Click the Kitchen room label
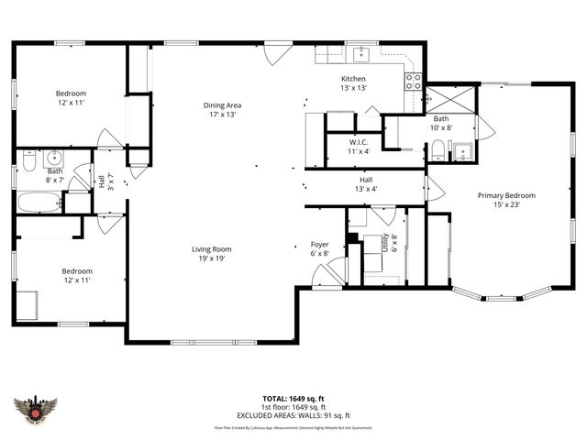pyautogui.click(x=353, y=78)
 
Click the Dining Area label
pyautogui.click(x=222, y=105)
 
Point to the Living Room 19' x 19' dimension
pyautogui.click(x=211, y=258)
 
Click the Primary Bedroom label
pyautogui.click(x=505, y=195)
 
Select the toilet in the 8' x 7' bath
pyautogui.click(x=28, y=161)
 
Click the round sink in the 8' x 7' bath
pyautogui.click(x=53, y=156)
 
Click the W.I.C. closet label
pyautogui.click(x=359, y=142)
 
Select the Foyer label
pyautogui.click(x=319, y=245)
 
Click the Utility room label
pyautogui.click(x=395, y=244)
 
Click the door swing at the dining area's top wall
pyautogui.click(x=271, y=53)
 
